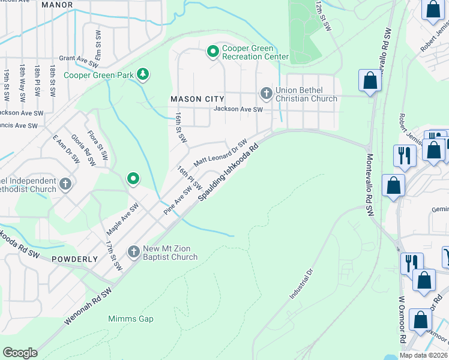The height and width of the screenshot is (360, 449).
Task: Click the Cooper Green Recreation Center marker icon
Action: point(212,52)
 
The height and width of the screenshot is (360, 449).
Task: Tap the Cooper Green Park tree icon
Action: point(143,75)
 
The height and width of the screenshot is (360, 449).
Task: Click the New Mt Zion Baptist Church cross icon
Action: point(134,251)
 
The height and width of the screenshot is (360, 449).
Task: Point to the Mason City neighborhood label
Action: point(194,98)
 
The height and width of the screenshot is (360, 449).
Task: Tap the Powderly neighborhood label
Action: point(74,259)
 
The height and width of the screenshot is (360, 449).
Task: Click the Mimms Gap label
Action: point(127,319)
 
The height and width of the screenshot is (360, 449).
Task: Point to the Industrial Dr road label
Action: point(302,284)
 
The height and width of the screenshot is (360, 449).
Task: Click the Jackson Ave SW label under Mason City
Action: point(238,109)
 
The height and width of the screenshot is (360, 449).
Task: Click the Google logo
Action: point(20,353)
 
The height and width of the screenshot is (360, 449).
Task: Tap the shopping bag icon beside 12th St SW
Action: point(370,80)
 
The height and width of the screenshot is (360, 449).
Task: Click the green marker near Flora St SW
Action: point(133,178)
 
